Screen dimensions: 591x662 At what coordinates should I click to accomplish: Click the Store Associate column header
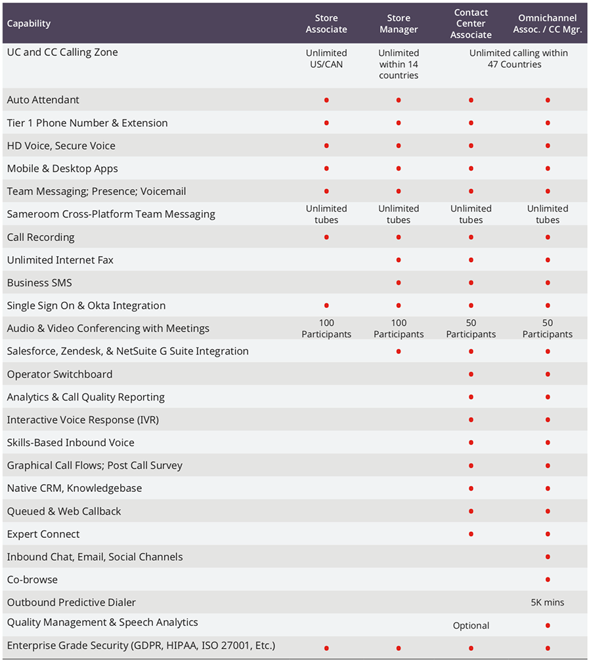[326, 24]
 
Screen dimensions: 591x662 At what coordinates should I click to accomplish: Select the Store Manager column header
[399, 24]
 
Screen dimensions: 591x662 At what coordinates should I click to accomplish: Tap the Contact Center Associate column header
[471, 24]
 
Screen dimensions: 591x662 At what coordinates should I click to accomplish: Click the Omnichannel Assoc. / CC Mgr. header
[548, 24]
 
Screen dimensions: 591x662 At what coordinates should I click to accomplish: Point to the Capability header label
[29, 24]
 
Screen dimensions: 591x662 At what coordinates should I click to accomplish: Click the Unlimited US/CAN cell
[326, 58]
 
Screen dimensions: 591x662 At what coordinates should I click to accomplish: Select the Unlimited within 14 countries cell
[399, 64]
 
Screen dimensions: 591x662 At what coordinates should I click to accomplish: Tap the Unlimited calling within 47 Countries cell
[518, 58]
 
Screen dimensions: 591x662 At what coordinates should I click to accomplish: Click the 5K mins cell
[548, 602]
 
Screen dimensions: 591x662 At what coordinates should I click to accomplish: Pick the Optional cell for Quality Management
[471, 626]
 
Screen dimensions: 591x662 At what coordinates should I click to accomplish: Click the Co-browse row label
[32, 580]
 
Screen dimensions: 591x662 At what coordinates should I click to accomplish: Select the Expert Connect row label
[43, 534]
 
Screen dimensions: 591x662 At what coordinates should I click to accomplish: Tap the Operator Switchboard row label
[60, 374]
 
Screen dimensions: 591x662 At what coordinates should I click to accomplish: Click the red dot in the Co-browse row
[548, 580]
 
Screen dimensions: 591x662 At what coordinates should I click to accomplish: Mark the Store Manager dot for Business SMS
[399, 283]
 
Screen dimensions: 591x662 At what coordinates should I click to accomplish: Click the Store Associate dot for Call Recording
[326, 237]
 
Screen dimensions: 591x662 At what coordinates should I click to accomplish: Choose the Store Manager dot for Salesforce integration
[399, 351]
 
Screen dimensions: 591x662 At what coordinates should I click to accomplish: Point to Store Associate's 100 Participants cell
[326, 328]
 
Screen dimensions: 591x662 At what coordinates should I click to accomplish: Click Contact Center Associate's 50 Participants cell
[471, 328]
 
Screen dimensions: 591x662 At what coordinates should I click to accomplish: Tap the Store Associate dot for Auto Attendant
[326, 100]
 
